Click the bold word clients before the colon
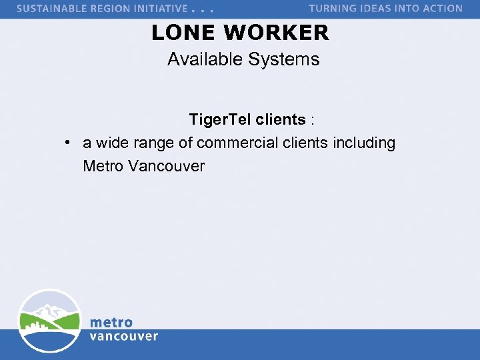[281, 120]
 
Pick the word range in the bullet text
[153, 143]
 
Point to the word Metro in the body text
[103, 165]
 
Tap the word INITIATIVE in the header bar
[163, 9]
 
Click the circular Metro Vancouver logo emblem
[49, 321]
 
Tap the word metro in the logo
[111, 323]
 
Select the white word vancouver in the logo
[124, 336]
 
